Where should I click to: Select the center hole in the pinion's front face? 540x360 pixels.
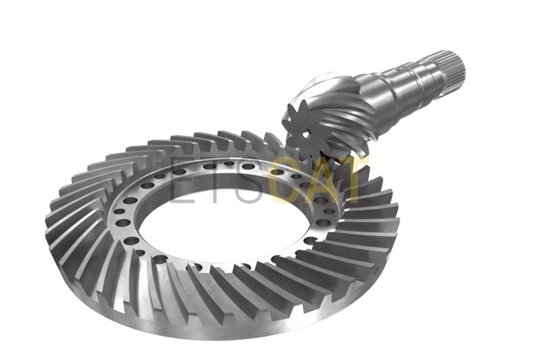[x=306, y=132]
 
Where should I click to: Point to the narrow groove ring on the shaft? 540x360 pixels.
[x=418, y=82]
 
